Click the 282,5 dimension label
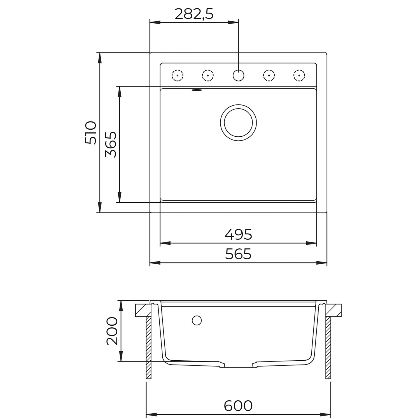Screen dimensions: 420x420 click(194, 14)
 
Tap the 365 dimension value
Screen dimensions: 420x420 click(111, 144)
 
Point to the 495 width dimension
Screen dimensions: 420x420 click(238, 234)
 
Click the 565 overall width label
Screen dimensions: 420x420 click(238, 254)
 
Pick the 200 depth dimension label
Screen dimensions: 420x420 click(112, 331)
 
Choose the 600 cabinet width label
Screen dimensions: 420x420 click(238, 405)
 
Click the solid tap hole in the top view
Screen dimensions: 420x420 click(238, 75)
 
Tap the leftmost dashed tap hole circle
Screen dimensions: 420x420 click(177, 75)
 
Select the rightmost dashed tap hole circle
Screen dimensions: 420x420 click(299, 75)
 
